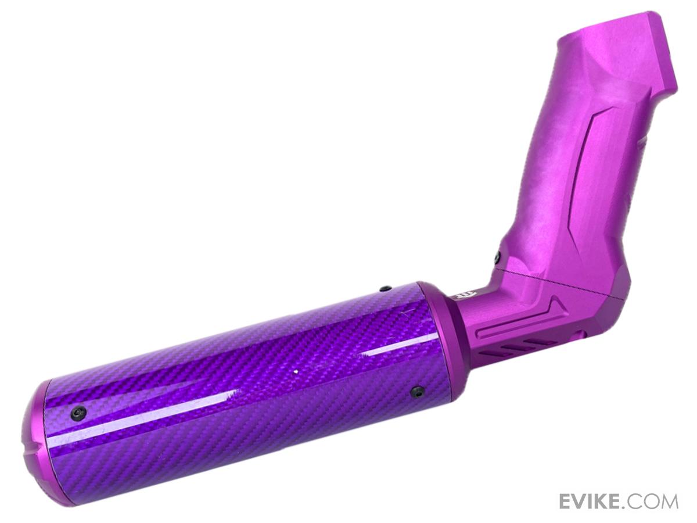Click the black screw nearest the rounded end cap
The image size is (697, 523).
pos(78,414)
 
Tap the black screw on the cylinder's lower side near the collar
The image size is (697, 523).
pos(417,392)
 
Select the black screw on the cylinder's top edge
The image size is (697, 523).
pos(386,288)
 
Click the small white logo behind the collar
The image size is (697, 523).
pos(459,297)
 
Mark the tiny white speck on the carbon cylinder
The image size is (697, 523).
pos(296,371)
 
